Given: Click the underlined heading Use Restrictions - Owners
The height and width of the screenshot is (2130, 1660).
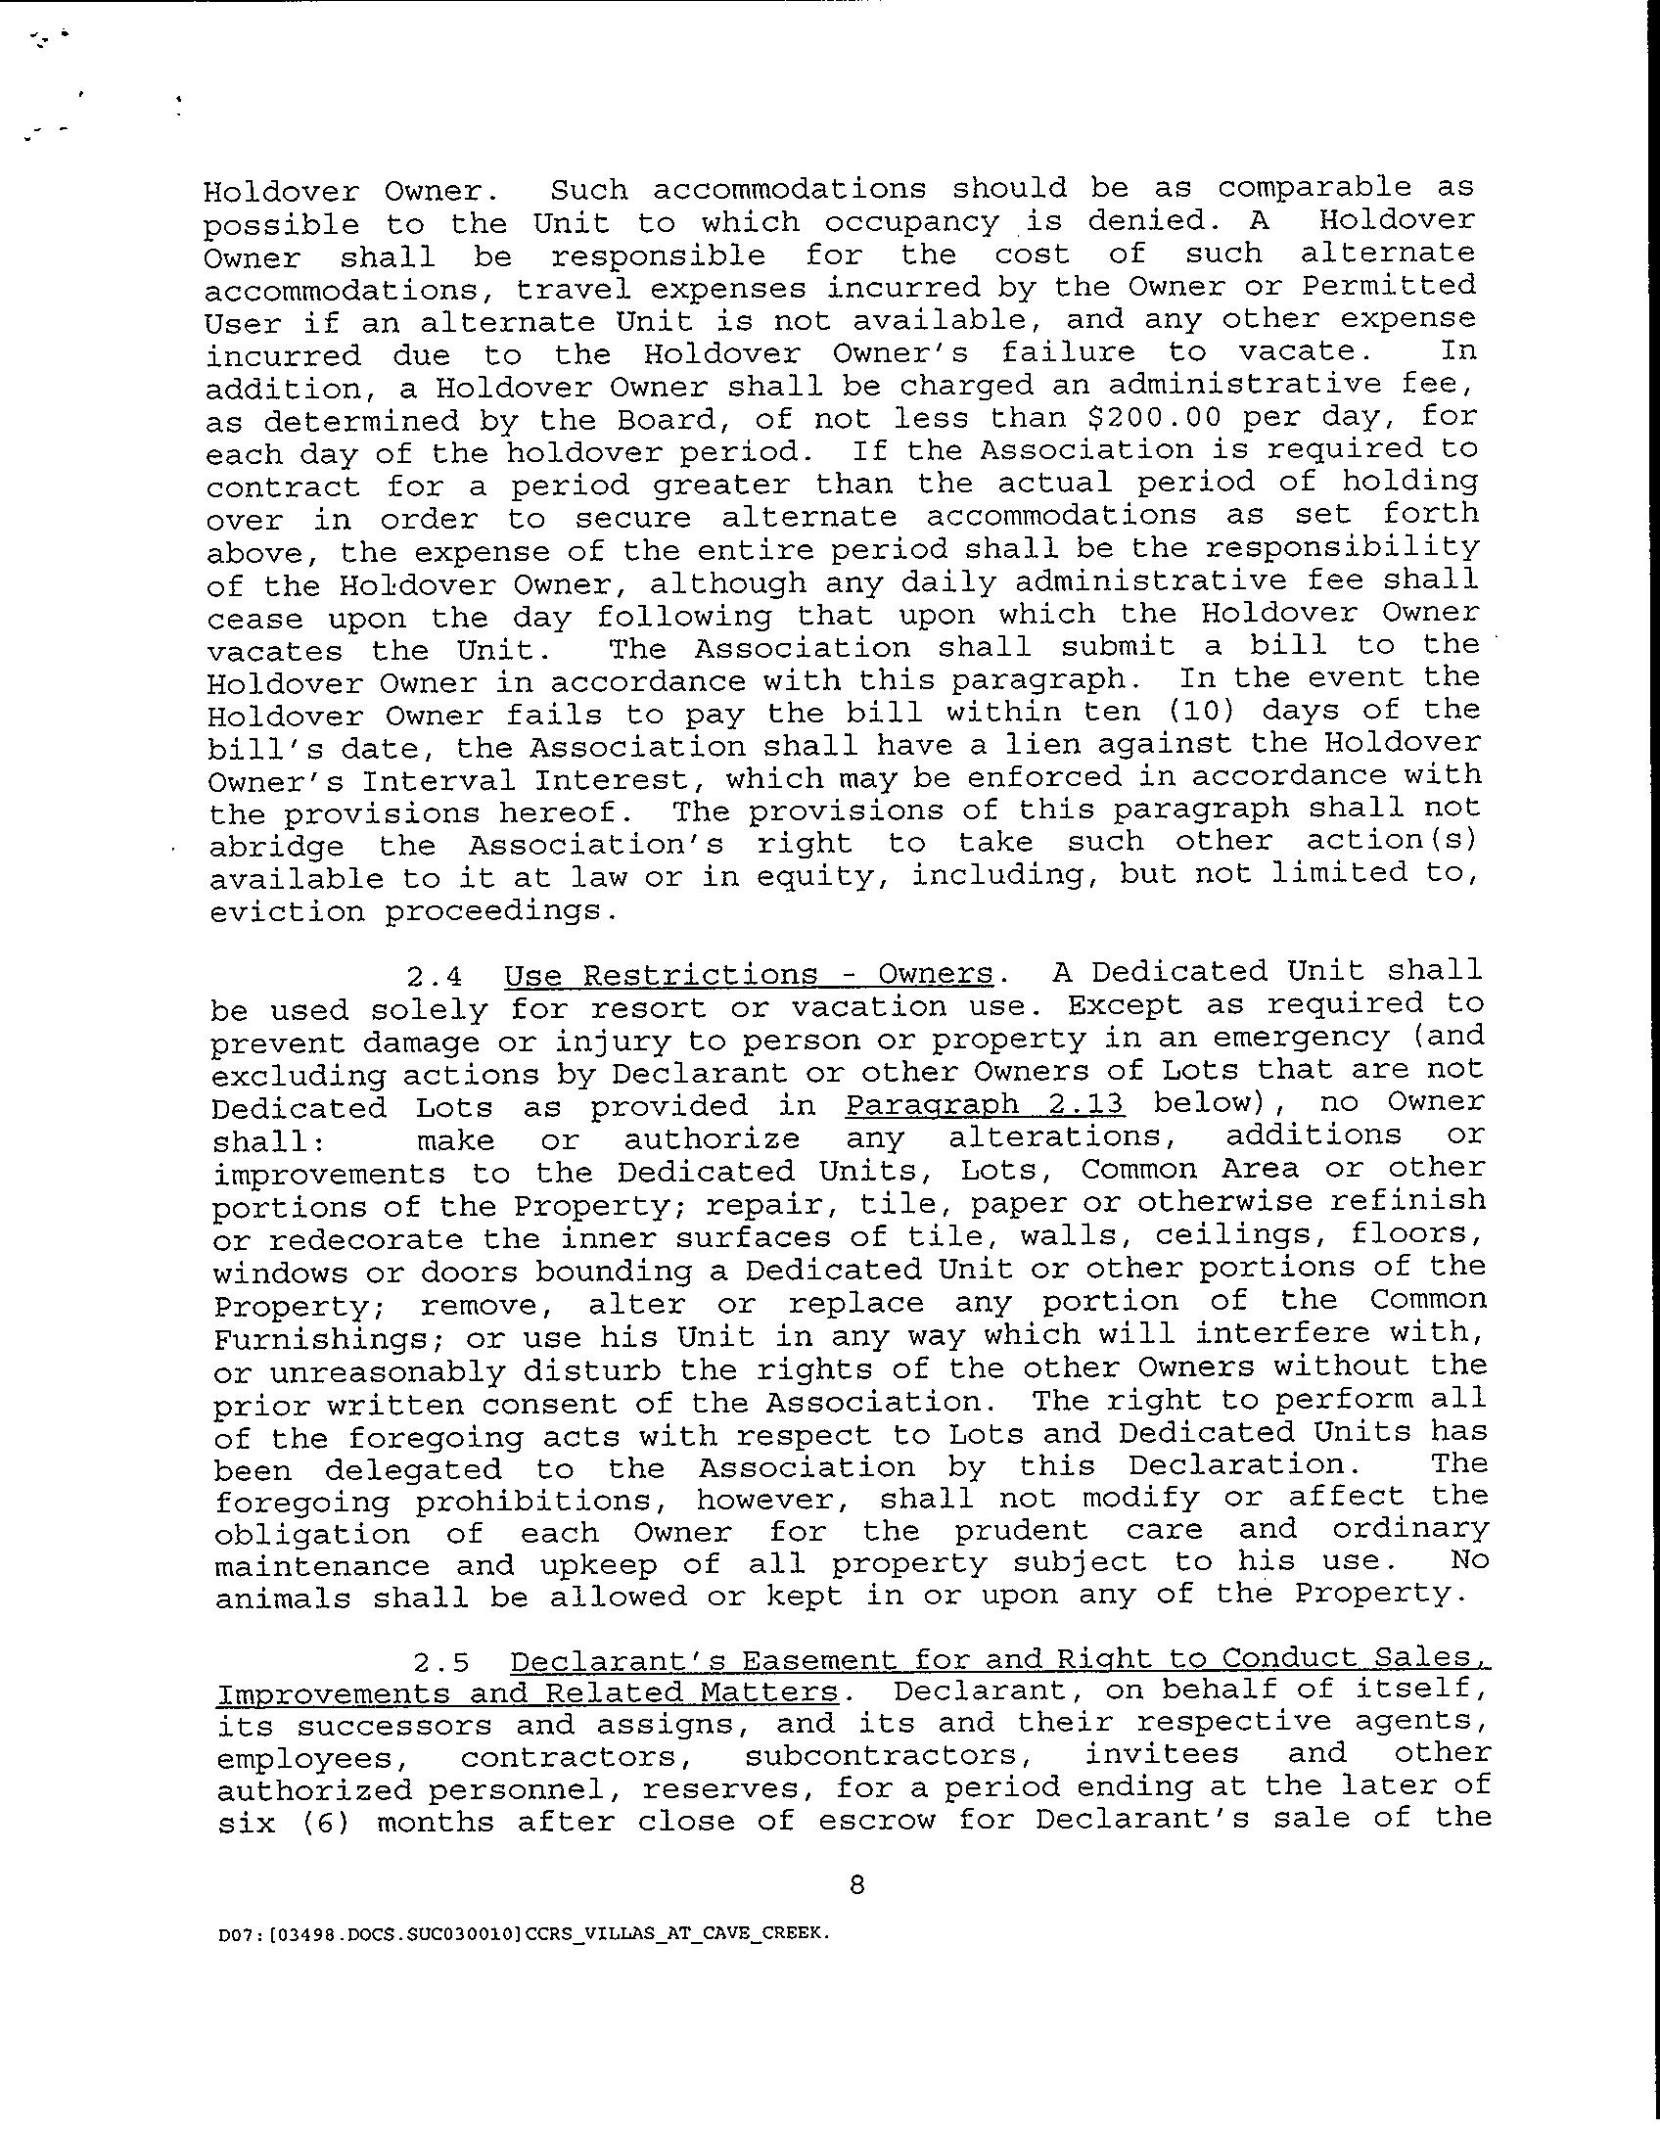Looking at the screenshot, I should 749,975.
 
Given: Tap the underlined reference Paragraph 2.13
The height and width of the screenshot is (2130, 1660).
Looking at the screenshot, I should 985,1105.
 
